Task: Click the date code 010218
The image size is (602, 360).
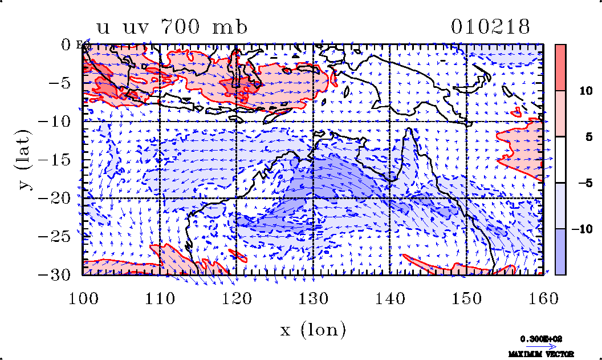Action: click(x=490, y=27)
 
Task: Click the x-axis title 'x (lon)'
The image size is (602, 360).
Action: click(x=313, y=329)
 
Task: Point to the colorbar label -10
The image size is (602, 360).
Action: click(x=578, y=229)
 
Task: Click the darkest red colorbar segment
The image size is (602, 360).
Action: click(x=560, y=67)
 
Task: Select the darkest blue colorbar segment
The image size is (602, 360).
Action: click(x=560, y=252)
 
